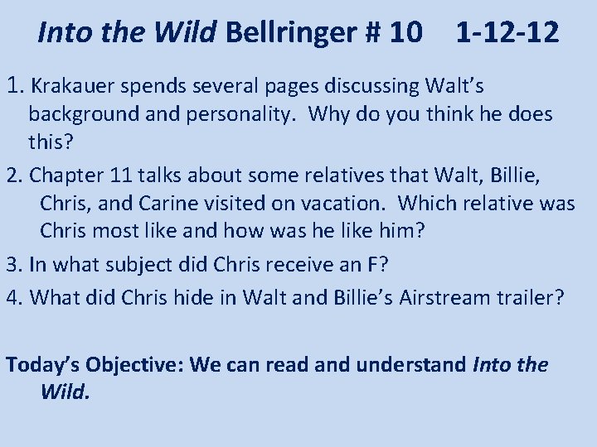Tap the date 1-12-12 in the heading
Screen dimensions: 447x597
click(x=507, y=33)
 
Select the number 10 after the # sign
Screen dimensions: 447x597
click(x=403, y=33)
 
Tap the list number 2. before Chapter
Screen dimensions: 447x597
click(x=15, y=175)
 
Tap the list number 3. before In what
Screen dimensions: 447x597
click(x=15, y=264)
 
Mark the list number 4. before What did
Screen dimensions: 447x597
click(x=15, y=296)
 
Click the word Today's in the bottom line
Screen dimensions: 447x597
click(x=43, y=364)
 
